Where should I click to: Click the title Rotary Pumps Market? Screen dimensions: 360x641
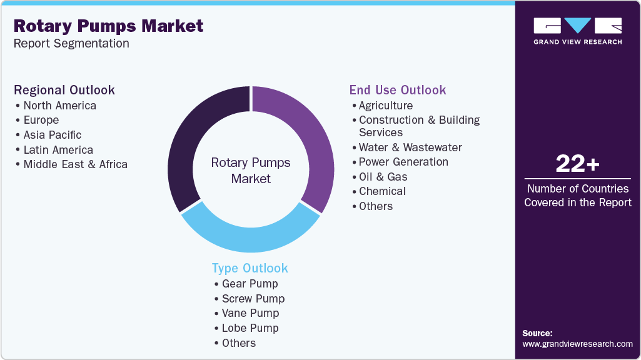pyautogui.click(x=108, y=26)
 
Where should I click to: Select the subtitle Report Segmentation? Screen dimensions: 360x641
pyautogui.click(x=71, y=44)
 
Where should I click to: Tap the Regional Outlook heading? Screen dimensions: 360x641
pyautogui.click(x=64, y=90)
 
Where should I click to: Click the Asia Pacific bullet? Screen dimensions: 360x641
pyautogui.click(x=53, y=135)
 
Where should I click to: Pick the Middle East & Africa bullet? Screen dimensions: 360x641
pyautogui.click(x=75, y=164)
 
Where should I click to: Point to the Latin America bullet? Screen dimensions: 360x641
pyautogui.click(x=58, y=150)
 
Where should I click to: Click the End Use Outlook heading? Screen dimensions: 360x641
pyautogui.click(x=398, y=90)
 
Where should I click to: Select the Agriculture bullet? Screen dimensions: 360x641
pyautogui.click(x=385, y=106)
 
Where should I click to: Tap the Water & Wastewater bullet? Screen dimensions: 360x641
pyautogui.click(x=410, y=147)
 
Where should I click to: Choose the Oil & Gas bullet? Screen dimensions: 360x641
pyautogui.click(x=383, y=177)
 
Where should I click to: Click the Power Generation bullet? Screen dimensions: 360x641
pyautogui.click(x=403, y=162)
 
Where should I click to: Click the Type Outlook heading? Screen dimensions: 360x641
pyautogui.click(x=250, y=268)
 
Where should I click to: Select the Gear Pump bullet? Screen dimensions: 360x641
pyautogui.click(x=250, y=284)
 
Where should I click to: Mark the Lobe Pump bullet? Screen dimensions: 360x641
pyautogui.click(x=250, y=328)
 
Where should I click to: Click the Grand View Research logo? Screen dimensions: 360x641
pyautogui.click(x=577, y=31)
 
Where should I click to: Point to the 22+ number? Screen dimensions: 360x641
pyautogui.click(x=577, y=164)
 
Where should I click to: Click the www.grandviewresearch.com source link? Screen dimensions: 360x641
pyautogui.click(x=577, y=344)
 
